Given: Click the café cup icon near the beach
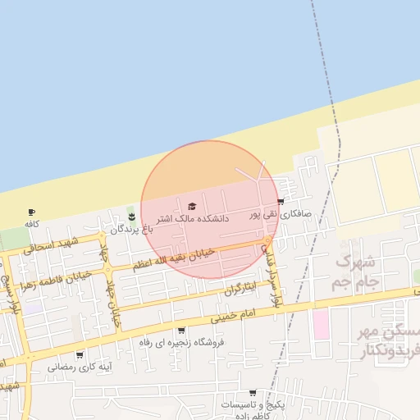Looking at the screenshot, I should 32,212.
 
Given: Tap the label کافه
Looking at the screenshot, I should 32,223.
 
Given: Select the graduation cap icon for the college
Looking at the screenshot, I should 192,207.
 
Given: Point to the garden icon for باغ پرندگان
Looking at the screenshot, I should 131,217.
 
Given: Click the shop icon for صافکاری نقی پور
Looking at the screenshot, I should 281,202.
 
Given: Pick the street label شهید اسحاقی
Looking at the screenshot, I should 51,245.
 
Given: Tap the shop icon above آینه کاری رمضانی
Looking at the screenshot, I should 80,355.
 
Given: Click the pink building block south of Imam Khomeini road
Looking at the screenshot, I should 320,323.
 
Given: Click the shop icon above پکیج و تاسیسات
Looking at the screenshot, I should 252,393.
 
